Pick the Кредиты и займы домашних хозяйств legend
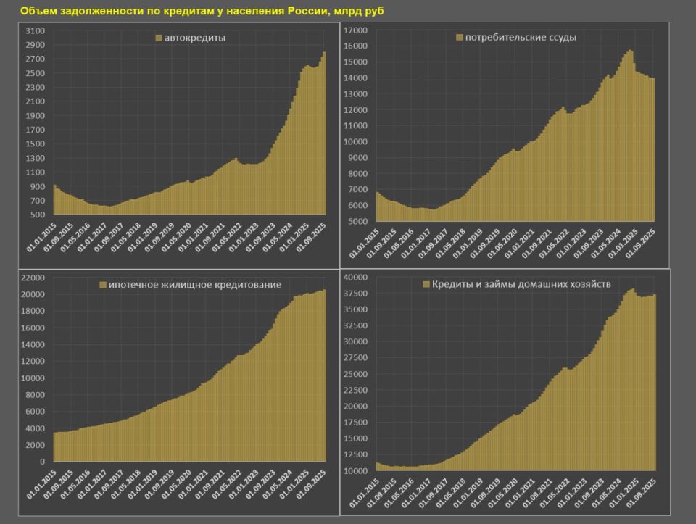pos(522,285)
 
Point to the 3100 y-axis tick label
pos(36,31)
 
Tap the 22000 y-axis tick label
pos(33,278)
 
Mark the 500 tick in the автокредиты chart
pos(38,215)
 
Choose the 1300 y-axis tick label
pos(36,159)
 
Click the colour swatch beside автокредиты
pos(158,37)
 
